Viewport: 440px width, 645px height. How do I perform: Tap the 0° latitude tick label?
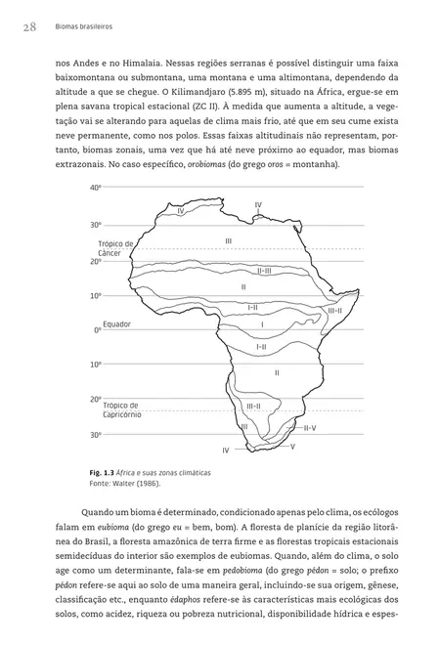pyautogui.click(x=97, y=330)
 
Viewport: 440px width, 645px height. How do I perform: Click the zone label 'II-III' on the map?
pyautogui.click(x=264, y=271)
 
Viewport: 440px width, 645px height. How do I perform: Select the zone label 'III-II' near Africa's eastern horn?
pyautogui.click(x=333, y=310)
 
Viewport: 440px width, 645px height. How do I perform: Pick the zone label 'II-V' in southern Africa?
pyautogui.click(x=309, y=427)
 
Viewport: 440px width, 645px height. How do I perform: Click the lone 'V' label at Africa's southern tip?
pyautogui.click(x=292, y=446)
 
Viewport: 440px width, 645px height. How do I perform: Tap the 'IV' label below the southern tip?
pyautogui.click(x=225, y=450)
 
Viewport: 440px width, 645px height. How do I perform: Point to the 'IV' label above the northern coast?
pyautogui.click(x=257, y=204)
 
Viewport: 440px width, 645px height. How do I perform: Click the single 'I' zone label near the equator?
pyautogui.click(x=262, y=323)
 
